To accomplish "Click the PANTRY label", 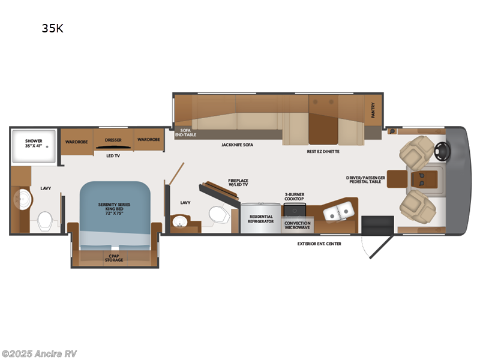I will click(373, 110).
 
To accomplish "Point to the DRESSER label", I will click(113, 140).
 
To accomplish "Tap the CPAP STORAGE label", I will click(114, 257).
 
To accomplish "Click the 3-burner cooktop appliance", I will click(295, 211).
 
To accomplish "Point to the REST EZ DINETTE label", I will click(323, 152).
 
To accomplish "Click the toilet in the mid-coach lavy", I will click(218, 215).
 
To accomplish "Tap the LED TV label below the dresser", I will click(112, 156).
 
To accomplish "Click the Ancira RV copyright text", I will click(39, 353).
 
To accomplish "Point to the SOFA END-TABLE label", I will click(181, 133).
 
